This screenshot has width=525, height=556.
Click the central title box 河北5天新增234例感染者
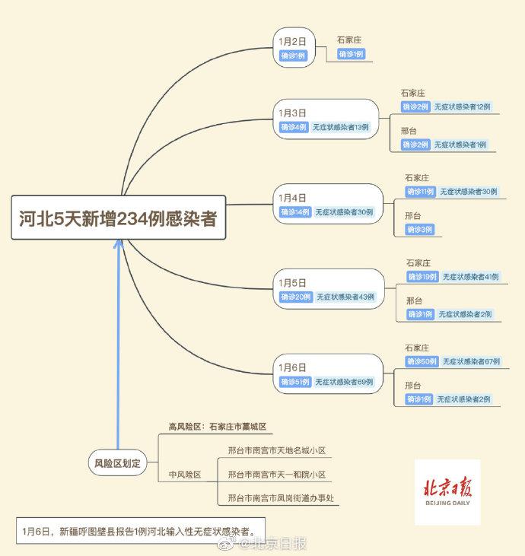[x=119, y=218]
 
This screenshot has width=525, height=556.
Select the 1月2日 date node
[x=294, y=47]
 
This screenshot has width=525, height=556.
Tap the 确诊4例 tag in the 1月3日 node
[x=294, y=127]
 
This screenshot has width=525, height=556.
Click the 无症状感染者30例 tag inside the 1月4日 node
[x=344, y=212]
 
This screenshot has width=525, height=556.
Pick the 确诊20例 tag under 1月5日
[x=295, y=297]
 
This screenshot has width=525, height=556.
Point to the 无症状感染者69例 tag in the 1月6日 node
[x=344, y=382]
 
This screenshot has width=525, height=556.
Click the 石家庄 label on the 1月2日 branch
[x=349, y=40]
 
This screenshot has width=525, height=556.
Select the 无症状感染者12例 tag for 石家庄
[x=462, y=106]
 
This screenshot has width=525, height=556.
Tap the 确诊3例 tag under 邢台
[x=420, y=230]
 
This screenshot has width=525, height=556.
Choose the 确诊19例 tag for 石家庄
[x=422, y=277]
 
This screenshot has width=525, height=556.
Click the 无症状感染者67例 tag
[x=471, y=361]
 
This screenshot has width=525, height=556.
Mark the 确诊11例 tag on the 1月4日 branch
[x=420, y=192]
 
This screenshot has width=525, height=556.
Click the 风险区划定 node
[x=117, y=462]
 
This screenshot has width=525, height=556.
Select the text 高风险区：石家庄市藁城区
[x=217, y=427]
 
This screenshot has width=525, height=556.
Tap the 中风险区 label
[x=185, y=475]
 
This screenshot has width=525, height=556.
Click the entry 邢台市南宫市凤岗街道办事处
[x=281, y=498]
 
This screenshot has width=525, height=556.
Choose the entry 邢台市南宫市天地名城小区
[x=277, y=450]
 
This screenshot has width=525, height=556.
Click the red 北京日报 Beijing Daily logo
[x=447, y=492]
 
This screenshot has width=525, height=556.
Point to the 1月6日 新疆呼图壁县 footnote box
[x=141, y=531]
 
